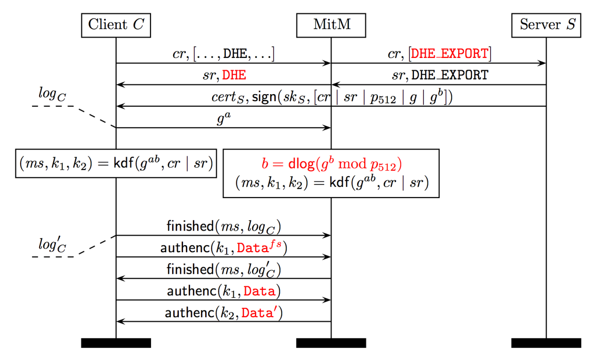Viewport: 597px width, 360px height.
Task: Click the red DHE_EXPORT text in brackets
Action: pyautogui.click(x=450, y=54)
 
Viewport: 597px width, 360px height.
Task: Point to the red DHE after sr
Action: pyautogui.click(x=234, y=75)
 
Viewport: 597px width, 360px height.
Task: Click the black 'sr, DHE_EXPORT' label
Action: pyautogui.click(x=440, y=75)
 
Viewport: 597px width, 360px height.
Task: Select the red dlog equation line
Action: pyautogui.click(x=332, y=164)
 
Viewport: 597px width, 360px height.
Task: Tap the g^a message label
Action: pyautogui.click(x=224, y=119)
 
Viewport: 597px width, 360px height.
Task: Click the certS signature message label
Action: pyautogui.click(x=332, y=96)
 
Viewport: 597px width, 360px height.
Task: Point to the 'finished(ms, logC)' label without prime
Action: pyautogui.click(x=223, y=227)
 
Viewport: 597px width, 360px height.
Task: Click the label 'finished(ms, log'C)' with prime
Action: pyautogui.click(x=223, y=269)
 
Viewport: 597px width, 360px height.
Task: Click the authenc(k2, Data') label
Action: pyautogui.click(x=223, y=312)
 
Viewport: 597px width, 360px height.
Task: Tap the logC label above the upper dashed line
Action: pyautogui.click(x=52, y=95)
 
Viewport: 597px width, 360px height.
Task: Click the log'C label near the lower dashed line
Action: pyautogui.click(x=52, y=244)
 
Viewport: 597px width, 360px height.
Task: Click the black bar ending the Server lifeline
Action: pyautogui.click(x=546, y=343)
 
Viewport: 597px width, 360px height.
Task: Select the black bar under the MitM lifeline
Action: pyautogui.click(x=331, y=343)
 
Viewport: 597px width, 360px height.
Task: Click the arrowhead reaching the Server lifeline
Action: pyautogui.click(x=541, y=63)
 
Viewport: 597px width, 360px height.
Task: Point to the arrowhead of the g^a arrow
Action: pyautogui.click(x=326, y=128)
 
